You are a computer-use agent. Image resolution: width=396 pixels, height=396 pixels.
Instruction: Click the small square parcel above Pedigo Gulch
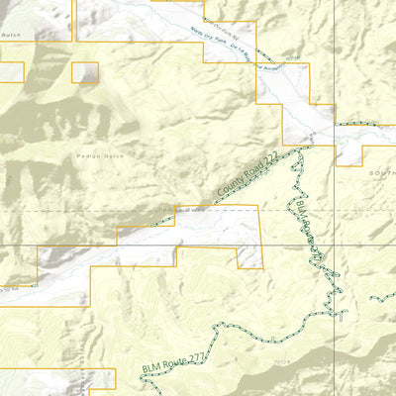(x=86, y=72)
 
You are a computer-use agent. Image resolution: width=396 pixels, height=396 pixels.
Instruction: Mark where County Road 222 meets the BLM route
(x=299, y=150)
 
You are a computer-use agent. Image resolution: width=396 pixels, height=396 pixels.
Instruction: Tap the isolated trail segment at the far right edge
(x=384, y=297)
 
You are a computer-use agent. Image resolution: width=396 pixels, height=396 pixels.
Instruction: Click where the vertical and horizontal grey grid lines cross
(x=334, y=246)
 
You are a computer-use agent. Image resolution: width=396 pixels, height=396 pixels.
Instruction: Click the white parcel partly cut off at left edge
(x=10, y=71)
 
